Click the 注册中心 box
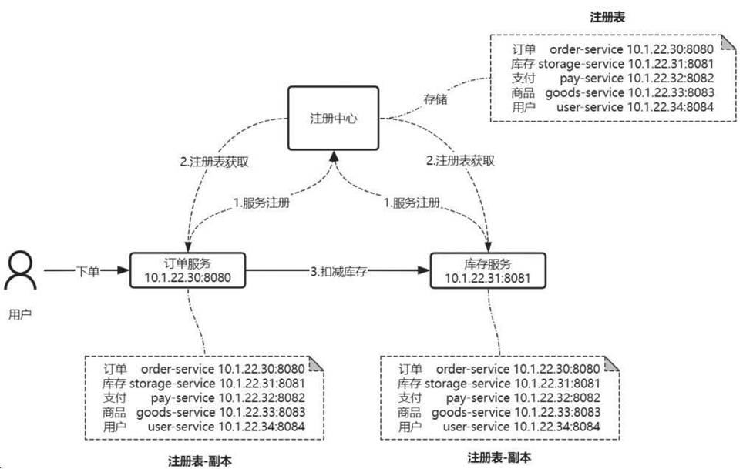333,119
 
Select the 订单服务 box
187,270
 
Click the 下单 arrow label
87,271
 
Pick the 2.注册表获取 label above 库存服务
460,162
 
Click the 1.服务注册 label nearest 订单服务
261,203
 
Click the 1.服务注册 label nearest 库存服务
412,203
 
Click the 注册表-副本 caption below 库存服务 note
499,457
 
